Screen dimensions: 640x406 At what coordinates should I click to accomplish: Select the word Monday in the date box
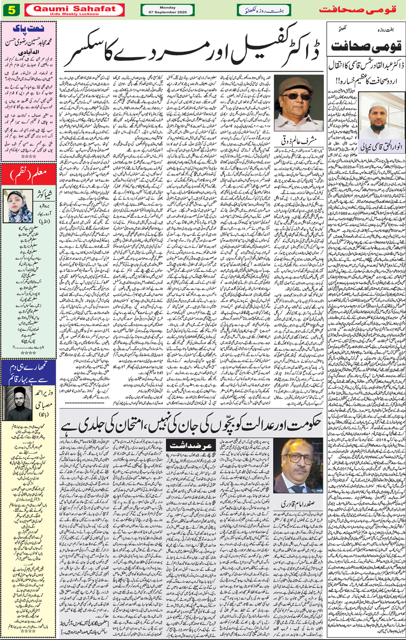[x=167, y=6]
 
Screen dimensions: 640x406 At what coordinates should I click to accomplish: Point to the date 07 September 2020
[x=167, y=12]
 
